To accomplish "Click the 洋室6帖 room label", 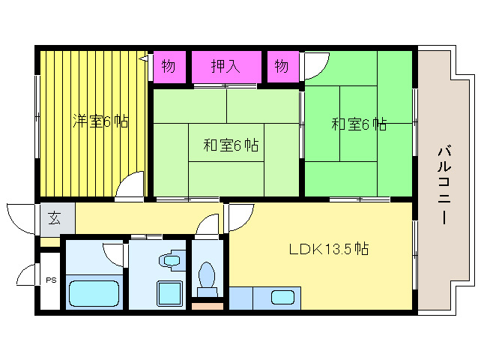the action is pos(100,121).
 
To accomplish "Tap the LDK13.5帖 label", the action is pos(329,249).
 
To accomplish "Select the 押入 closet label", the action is pos(226,66).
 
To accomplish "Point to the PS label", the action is pos(51,280).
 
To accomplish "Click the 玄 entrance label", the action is pos(55,217).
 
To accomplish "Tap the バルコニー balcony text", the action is pos(444,186).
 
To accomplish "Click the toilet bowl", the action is pos(207,275).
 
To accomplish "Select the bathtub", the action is pos(94,293).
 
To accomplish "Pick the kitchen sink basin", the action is pos(282,298).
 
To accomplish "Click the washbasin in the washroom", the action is pos(172,260).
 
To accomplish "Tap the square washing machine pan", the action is pos(169,293).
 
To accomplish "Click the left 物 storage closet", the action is pos(169,67).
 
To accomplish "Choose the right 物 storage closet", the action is pos(282,67).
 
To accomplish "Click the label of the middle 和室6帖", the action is pos(231,145).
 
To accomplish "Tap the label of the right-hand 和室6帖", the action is pos(359,124).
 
